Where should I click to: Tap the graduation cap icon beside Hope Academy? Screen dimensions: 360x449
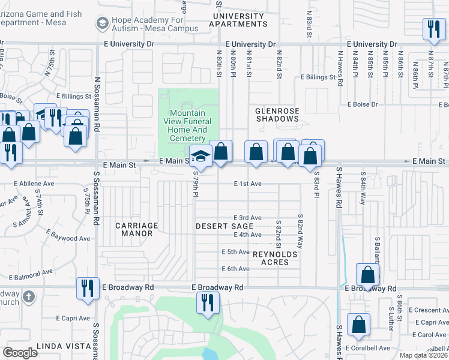tap(101, 23)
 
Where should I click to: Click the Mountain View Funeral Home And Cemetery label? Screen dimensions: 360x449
tap(188, 125)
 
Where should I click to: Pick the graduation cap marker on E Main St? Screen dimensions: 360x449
tap(200, 156)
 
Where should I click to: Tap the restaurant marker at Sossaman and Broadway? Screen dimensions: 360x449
tap(88, 288)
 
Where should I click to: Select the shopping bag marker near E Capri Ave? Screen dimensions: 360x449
tap(358, 325)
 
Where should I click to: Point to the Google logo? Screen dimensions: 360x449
tap(20, 352)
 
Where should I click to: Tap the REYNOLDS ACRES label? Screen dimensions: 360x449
tap(274, 259)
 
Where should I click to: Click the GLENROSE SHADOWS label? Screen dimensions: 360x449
tap(277, 115)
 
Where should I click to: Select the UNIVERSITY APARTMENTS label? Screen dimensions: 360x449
tap(238, 20)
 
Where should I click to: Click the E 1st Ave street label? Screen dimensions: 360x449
tap(248, 184)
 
